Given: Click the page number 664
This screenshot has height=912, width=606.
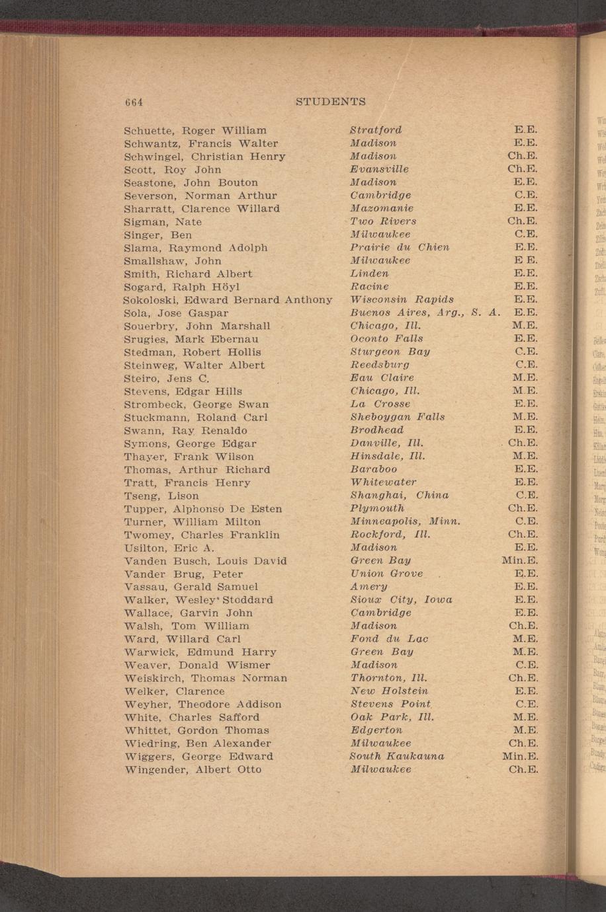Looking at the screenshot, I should coord(134,102).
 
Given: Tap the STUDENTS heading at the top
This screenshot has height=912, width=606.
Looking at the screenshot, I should coord(330,102).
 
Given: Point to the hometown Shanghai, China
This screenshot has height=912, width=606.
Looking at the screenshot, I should coord(399,495).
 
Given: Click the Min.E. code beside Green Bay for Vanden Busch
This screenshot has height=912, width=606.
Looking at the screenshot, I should coord(519,560).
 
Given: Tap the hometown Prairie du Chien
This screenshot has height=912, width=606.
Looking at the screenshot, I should coord(400,247).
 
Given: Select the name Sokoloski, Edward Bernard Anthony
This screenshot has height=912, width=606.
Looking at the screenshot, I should coord(228,300).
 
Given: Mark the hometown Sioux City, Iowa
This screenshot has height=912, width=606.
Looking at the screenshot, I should coord(401,600).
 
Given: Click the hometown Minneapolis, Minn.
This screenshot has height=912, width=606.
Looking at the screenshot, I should coord(405,521).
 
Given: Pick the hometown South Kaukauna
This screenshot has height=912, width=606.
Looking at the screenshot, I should coord(397,756).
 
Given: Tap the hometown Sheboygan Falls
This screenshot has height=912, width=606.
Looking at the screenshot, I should coord(397,417).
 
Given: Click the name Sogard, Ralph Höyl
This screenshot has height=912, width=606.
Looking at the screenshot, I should coord(182,287).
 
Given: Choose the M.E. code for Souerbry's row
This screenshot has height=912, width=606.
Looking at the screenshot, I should coord(525,326).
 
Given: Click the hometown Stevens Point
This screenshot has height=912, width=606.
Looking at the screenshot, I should coord(391,704).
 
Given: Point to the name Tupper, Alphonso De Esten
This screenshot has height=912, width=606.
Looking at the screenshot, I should coord(203,509).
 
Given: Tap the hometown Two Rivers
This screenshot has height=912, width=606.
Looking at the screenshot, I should coord(383,221).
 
